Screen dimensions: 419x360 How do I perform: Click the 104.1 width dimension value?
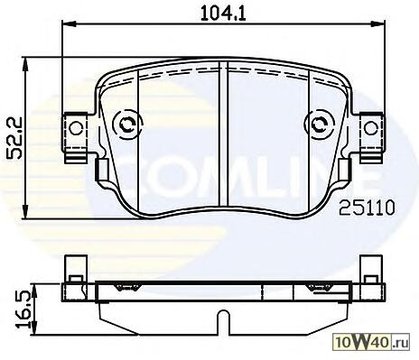[223, 14]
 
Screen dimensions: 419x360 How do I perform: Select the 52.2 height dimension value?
[14, 137]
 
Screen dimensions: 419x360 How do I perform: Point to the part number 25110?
[367, 208]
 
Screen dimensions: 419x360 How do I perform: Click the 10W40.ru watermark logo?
[372, 343]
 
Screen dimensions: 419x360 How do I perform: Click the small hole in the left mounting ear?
[76, 128]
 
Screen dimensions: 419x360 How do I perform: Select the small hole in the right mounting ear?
[370, 128]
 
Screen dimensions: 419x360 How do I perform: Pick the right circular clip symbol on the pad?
[320, 125]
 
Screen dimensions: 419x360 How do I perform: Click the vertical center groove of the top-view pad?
[223, 134]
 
